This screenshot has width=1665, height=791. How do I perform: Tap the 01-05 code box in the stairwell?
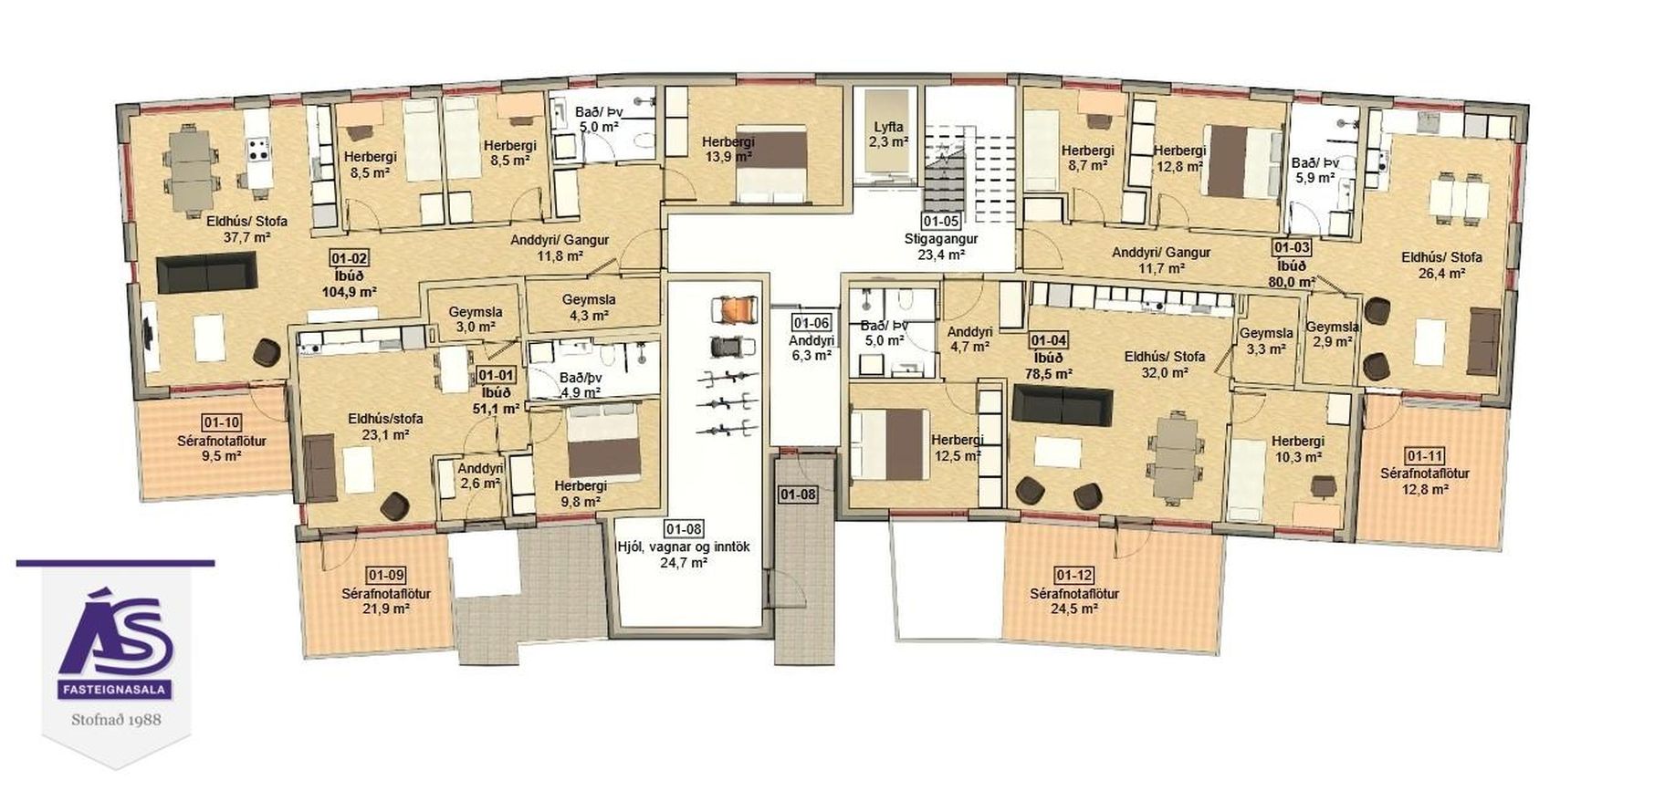[x=940, y=221]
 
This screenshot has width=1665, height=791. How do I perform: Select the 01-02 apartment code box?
[x=349, y=259]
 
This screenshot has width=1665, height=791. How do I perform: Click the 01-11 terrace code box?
[x=1424, y=456]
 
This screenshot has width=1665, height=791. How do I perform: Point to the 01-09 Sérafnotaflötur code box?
[x=385, y=575]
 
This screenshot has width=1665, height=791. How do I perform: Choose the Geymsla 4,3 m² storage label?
[x=588, y=307]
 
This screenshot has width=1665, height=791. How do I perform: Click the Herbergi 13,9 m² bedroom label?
[x=728, y=149]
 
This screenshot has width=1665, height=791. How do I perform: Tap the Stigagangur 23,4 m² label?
[x=940, y=246]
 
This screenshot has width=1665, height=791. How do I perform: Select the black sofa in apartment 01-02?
[x=205, y=273]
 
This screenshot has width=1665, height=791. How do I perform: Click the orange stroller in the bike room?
[x=733, y=309]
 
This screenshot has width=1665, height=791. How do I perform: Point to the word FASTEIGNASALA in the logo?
[x=114, y=691]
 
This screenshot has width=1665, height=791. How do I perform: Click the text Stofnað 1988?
[x=116, y=720]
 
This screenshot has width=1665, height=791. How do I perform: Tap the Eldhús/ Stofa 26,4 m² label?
[x=1441, y=265]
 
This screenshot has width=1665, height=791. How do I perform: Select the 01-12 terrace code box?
[x=1073, y=575]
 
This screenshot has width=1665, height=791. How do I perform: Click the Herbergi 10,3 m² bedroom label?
[x=1297, y=449]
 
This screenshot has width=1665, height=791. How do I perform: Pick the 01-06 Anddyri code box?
[x=810, y=322]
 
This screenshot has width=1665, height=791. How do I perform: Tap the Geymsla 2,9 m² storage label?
[x=1332, y=334]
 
